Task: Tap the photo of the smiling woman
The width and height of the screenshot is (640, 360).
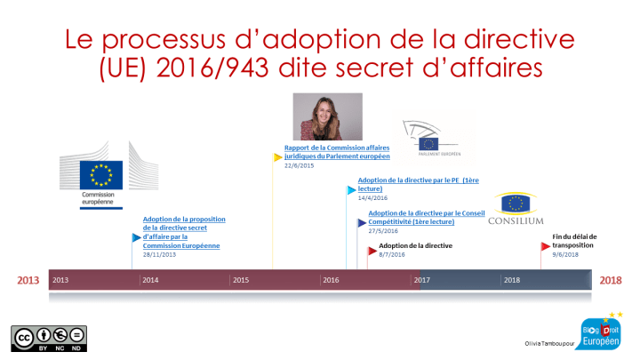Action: [x=327, y=117]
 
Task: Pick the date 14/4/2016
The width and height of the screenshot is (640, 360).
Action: [x=372, y=198]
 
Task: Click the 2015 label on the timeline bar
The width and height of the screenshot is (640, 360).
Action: [x=240, y=280]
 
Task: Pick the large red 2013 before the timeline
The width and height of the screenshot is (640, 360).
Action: [x=29, y=281]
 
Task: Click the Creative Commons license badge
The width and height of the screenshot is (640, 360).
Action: [x=49, y=340]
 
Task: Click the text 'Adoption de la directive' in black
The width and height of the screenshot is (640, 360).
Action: [x=416, y=245]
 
